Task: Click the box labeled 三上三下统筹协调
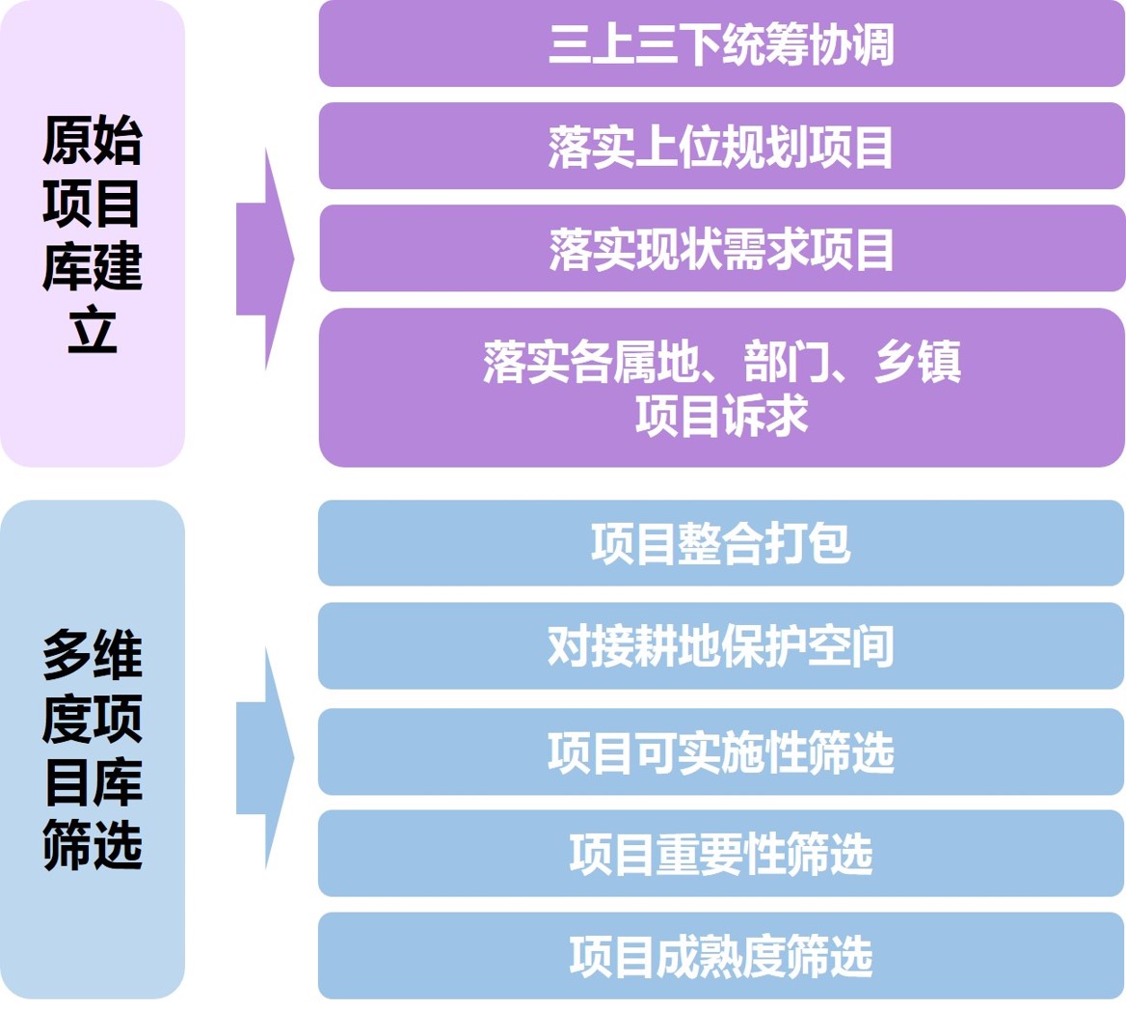click(722, 43)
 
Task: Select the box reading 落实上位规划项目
click(722, 146)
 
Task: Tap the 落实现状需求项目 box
click(722, 249)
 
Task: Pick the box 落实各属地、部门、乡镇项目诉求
click(722, 387)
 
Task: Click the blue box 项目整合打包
click(721, 543)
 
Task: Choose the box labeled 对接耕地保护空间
click(721, 645)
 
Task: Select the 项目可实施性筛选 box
click(721, 751)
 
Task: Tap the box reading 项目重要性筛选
click(721, 854)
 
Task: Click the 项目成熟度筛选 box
click(721, 955)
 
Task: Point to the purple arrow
click(265, 259)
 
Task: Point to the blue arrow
click(265, 758)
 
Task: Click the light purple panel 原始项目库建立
click(93, 233)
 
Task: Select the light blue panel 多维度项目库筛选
click(93, 750)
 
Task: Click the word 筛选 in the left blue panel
click(93, 845)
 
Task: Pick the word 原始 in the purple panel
click(93, 139)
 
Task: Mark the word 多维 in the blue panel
click(93, 654)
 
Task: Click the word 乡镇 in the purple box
click(918, 361)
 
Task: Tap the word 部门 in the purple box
click(786, 361)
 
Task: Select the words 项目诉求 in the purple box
click(722, 415)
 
